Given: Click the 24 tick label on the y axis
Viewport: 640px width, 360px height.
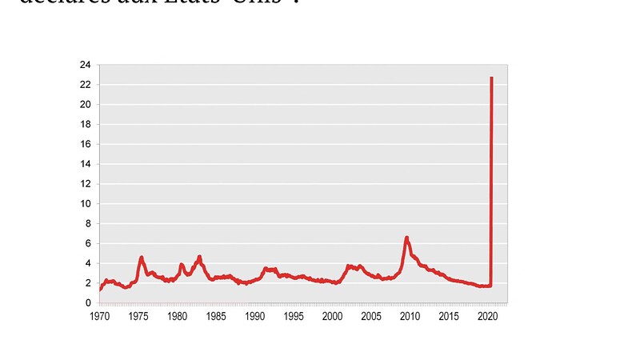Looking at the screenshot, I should (84, 65).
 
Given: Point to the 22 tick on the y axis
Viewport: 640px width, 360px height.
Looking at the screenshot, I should (84, 85).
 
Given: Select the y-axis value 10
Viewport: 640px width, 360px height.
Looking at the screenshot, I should (84, 203).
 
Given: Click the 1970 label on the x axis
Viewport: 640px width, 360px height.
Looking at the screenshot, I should (99, 317).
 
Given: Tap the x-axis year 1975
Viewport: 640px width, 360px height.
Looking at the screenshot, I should (138, 317).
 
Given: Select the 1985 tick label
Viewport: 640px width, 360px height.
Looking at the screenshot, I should (216, 317).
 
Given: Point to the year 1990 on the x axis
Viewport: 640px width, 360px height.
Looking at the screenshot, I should (254, 317).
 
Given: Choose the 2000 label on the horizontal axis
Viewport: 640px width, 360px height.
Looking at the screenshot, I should (333, 317).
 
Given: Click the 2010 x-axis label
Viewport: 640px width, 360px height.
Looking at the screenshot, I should (410, 317).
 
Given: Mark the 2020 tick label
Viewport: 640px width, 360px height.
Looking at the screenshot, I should (488, 317).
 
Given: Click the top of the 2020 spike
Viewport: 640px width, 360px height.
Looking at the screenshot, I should (491, 78).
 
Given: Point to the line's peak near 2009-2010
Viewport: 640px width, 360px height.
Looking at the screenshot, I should (407, 238).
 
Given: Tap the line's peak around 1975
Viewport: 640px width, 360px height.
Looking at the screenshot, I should (142, 258).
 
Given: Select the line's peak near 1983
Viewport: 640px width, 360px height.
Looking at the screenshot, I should (199, 257).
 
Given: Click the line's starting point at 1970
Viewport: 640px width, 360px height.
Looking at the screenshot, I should (99, 289).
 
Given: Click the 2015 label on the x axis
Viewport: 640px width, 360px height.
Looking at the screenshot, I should (450, 317).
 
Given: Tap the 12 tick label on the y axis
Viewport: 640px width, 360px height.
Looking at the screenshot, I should (84, 184).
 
